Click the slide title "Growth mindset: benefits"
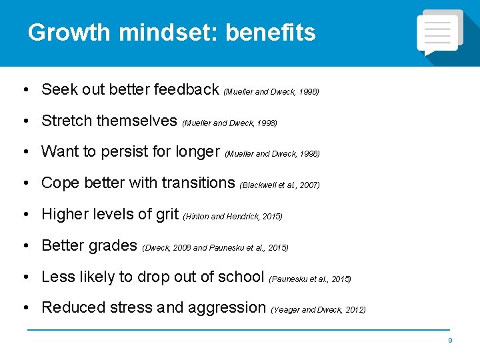coord(171,33)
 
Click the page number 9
coord(450,341)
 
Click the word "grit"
coord(167,214)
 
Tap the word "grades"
coord(113,245)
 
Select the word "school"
coord(243,276)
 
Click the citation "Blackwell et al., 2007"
coord(279,185)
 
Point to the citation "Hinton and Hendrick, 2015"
coord(232,216)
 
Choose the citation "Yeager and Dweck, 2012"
coord(319,309)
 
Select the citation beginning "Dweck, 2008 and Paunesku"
coord(215,247)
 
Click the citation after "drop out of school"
coord(310,279)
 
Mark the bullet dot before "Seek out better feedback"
coord(25,90)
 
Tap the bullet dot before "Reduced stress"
coord(25,308)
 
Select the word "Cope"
coord(59,183)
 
